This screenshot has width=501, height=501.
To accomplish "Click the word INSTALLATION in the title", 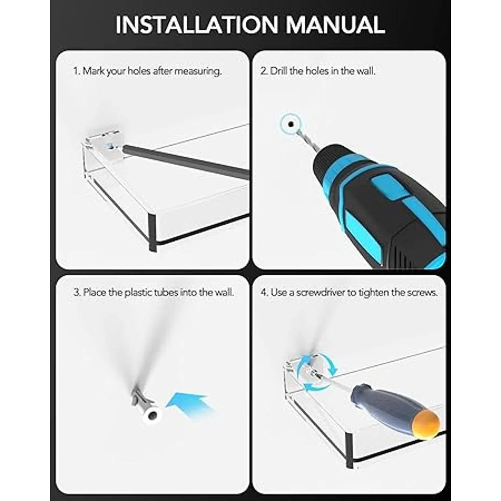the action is tap(197, 25).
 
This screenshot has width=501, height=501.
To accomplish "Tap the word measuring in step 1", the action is tap(198, 71).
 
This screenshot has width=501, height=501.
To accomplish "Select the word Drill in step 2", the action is tap(279, 71).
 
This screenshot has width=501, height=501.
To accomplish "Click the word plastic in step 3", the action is tap(138, 293).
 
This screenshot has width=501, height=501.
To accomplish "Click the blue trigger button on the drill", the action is tap(384, 188).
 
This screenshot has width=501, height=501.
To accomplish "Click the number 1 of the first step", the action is tap(76, 71).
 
